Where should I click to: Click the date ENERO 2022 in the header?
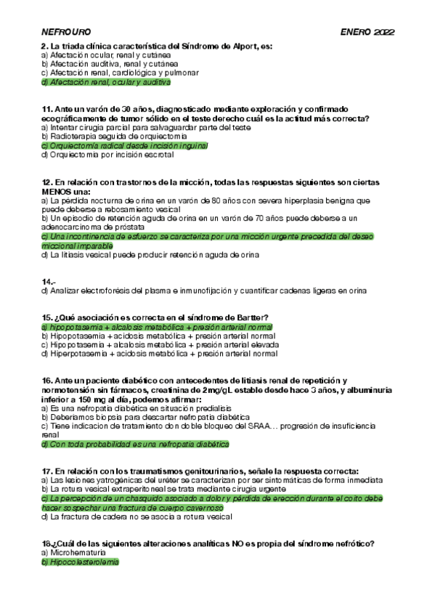[367, 33]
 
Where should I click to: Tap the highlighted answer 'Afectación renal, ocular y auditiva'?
[111, 82]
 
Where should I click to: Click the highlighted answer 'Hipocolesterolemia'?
[80, 562]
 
